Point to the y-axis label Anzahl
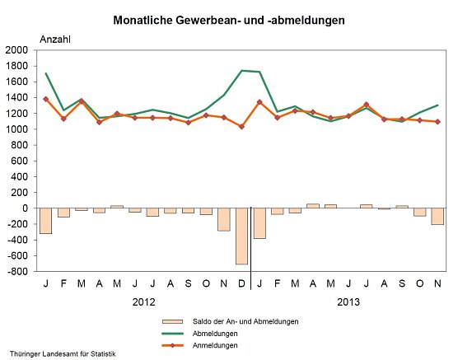[x=56, y=38]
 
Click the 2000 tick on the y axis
[x=18, y=50]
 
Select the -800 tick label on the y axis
[x=16, y=272]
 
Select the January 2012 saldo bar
[x=45, y=221]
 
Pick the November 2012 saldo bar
[x=224, y=219]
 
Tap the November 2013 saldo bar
[x=438, y=217]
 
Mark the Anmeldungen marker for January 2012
[x=45, y=99]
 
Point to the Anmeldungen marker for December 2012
[x=242, y=126]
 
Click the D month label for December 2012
[x=242, y=283]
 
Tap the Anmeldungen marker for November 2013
[x=438, y=122]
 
